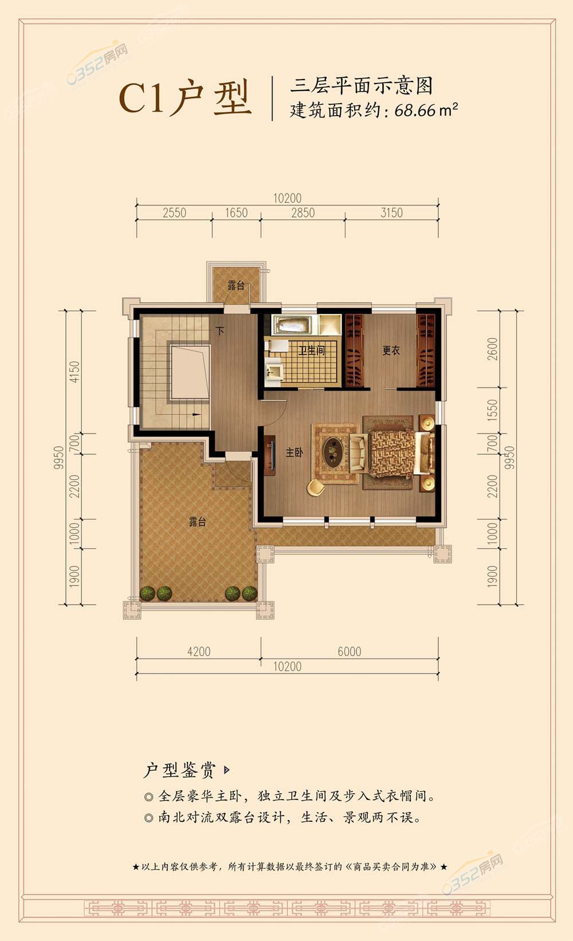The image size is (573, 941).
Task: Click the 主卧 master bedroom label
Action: click(x=295, y=452)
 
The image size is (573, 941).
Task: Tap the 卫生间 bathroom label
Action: click(x=312, y=349)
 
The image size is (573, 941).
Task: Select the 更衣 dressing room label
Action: click(x=391, y=350)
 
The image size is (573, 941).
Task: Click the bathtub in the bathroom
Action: click(x=293, y=325)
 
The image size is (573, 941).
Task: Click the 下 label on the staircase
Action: click(x=220, y=331)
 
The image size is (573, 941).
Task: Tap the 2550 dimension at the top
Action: click(x=174, y=213)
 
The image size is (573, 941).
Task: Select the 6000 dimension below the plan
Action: click(x=350, y=651)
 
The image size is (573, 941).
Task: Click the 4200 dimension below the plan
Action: click(x=199, y=651)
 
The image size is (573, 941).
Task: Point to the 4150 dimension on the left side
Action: click(x=74, y=372)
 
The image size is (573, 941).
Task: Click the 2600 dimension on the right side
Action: click(x=492, y=349)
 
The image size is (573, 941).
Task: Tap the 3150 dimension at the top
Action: click(x=392, y=213)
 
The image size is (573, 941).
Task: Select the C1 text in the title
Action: click(x=142, y=99)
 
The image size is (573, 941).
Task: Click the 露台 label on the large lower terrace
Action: click(x=198, y=522)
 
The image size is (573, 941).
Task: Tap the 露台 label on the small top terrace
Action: click(x=236, y=286)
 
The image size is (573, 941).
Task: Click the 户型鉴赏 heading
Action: click(x=179, y=770)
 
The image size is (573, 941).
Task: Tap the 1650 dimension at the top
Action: click(x=236, y=213)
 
